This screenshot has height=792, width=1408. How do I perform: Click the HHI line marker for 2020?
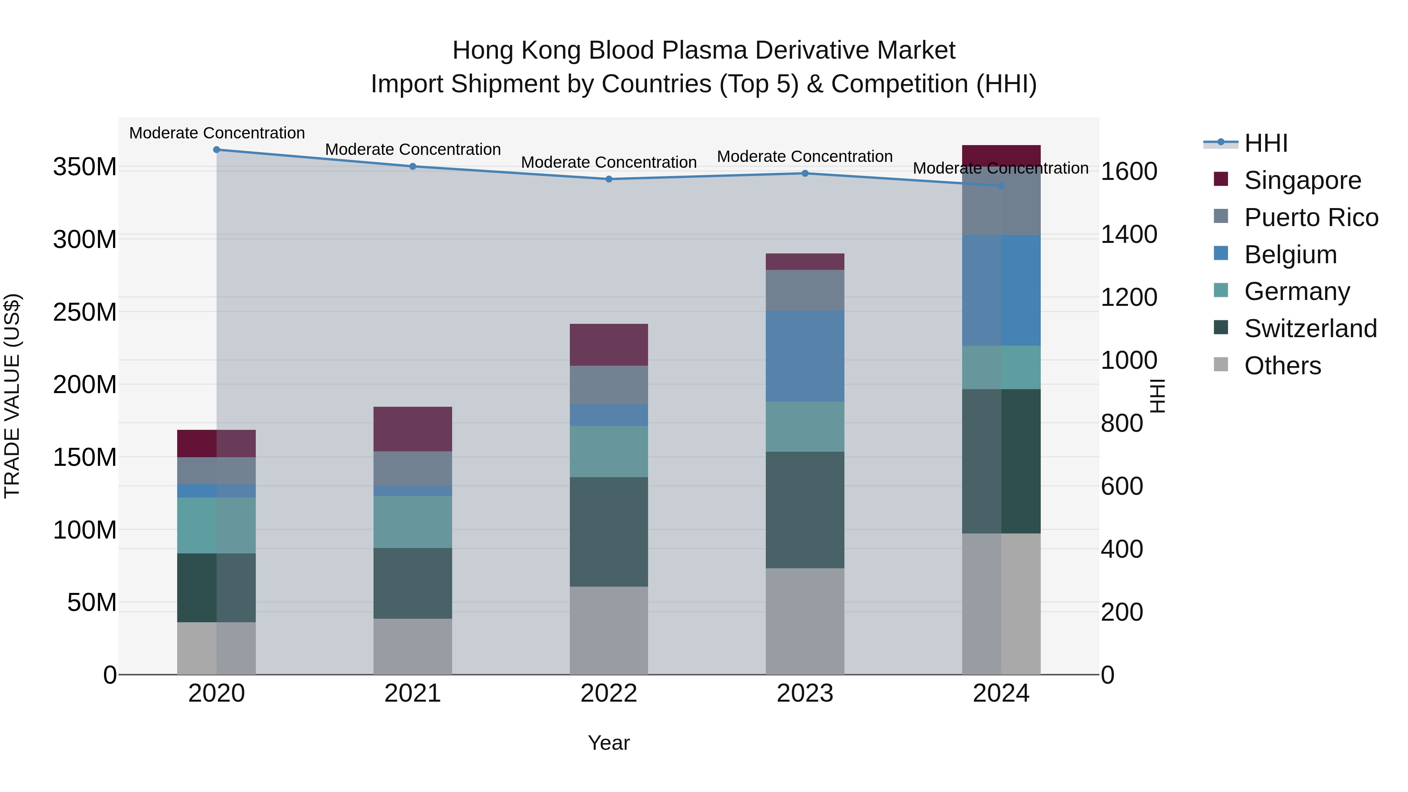(x=216, y=149)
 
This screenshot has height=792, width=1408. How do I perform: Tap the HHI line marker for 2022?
(x=609, y=179)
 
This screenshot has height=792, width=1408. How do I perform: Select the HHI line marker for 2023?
(x=805, y=173)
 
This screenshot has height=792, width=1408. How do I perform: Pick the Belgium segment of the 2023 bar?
(x=805, y=356)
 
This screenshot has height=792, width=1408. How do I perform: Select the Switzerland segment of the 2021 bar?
(x=413, y=583)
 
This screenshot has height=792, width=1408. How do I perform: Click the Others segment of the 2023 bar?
(x=805, y=621)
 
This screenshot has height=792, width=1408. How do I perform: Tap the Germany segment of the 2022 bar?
(x=609, y=451)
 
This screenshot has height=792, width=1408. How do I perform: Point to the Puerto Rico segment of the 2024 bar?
(x=1001, y=201)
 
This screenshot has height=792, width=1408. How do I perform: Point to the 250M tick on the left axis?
(x=85, y=312)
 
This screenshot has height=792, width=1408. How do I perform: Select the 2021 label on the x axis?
(x=413, y=693)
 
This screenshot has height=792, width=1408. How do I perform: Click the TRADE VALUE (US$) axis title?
(x=12, y=395)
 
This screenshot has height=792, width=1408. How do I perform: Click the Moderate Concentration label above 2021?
(x=413, y=149)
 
